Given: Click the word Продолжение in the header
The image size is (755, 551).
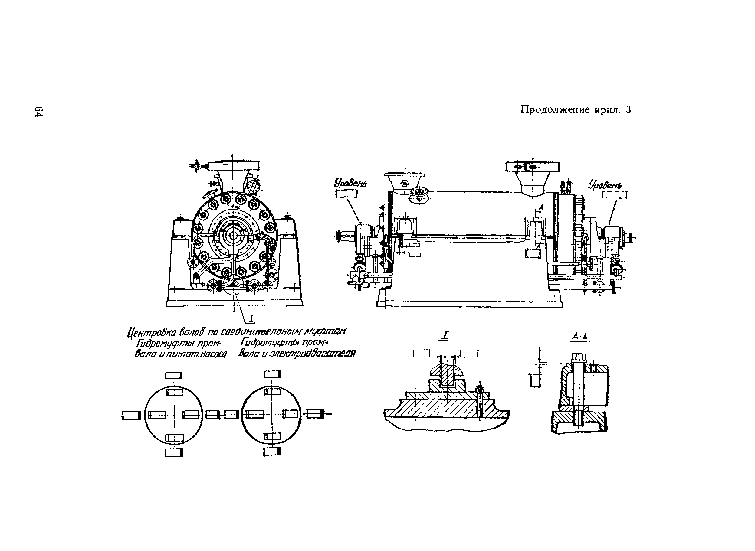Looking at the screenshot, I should point(555,110).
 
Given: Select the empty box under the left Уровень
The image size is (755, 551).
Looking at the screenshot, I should point(346,194).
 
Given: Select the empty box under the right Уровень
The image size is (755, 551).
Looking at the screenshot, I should point(615,194).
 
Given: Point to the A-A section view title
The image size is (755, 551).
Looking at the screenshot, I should point(579,337).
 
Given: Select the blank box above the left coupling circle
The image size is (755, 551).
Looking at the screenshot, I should point(174,376).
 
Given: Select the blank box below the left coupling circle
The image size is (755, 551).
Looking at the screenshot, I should point(174,453).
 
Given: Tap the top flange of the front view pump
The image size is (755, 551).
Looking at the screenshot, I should point(233,165).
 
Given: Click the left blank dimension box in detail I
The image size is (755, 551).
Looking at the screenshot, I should point(421,353).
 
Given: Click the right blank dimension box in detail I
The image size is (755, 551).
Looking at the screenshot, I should point(469,353).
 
